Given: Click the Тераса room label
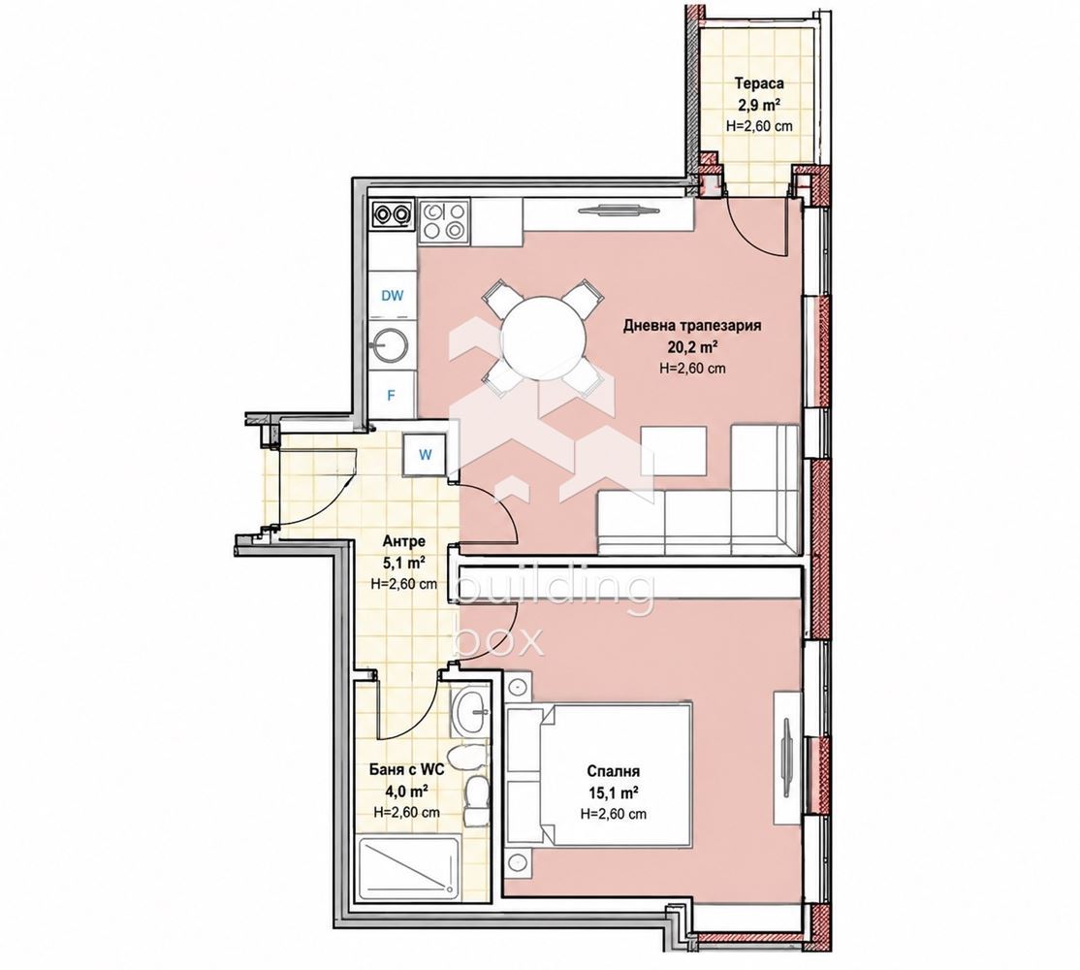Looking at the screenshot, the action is coord(759,84).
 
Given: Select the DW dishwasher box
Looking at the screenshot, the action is coord(393,296).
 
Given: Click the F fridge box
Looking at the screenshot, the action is coord(392,396).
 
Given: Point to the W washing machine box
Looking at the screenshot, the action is coord(426,454).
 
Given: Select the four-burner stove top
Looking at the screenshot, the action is coord(444,221).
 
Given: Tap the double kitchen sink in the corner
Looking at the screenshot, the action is coord(393,214).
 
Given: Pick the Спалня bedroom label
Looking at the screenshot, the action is coord(614,771).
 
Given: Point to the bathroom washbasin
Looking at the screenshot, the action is coord(470,710).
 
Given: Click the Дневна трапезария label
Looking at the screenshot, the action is coord(692,325).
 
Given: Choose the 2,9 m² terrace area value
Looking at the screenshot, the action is coord(758,105).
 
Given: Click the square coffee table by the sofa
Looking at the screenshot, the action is coord(674,451).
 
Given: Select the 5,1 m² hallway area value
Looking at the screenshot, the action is coord(403,563).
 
